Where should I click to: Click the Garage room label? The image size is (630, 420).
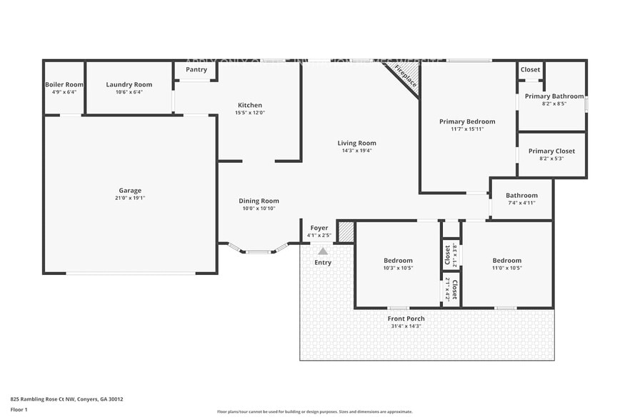click(130, 190)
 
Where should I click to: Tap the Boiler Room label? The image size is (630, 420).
click(64, 84)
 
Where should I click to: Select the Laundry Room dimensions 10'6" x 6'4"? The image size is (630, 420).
click(129, 92)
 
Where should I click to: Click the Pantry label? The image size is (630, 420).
click(196, 69)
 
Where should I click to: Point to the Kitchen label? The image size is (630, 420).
click(250, 105)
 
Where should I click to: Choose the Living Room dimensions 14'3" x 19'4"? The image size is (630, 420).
click(356, 151)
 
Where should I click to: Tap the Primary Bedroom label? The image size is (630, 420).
click(467, 121)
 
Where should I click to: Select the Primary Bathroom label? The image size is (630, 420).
click(554, 96)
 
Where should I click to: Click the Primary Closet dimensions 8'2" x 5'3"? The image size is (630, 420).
click(551, 159)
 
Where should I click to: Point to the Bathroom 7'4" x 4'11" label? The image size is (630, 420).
click(521, 196)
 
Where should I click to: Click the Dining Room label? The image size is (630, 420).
click(259, 201)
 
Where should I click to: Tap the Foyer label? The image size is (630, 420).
click(319, 227)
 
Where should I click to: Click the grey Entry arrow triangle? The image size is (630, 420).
click(323, 251)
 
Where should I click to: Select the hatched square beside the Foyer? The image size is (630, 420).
click(345, 232)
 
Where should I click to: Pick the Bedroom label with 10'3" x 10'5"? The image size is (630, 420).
click(397, 261)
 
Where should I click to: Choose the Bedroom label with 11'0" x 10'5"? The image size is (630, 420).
click(506, 261)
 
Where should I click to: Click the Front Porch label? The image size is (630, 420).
click(406, 319)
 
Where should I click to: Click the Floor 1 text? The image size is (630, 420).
click(19, 409)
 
